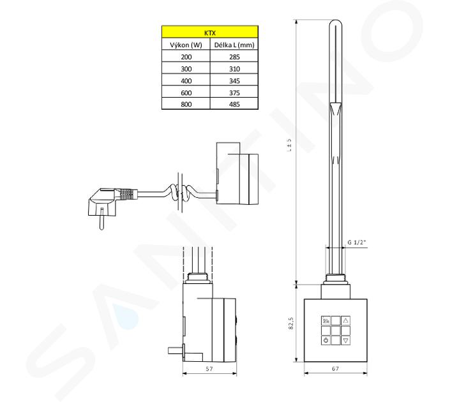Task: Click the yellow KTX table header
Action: coord(210,32)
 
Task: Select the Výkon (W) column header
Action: coord(186,45)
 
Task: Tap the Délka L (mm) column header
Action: coord(234,45)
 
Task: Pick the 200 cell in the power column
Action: coord(186,57)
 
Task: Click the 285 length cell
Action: coord(234,57)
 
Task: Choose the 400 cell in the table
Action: coord(186,80)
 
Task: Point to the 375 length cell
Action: coord(234,93)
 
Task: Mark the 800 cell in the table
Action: coord(186,104)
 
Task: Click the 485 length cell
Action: coord(234,104)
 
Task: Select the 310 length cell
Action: coord(234,68)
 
